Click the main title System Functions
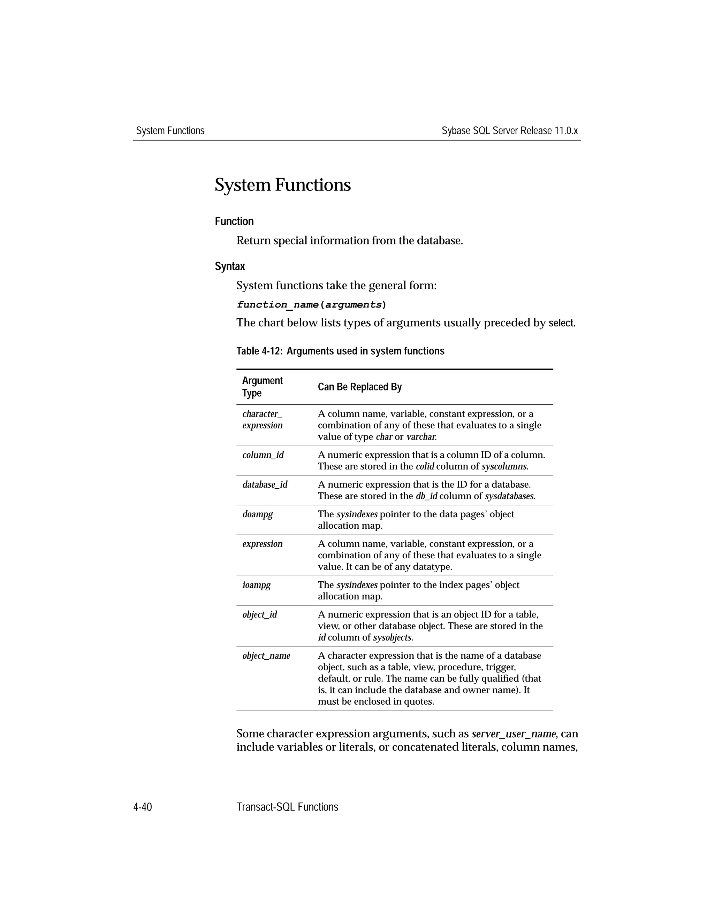tap(282, 185)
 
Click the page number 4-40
tap(143, 807)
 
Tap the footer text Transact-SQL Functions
tap(287, 807)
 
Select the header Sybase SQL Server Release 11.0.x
tap(509, 131)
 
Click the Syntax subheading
tap(230, 266)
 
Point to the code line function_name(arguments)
tap(311, 304)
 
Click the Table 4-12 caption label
tap(340, 351)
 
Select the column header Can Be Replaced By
tap(359, 387)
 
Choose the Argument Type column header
tap(262, 387)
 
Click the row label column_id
tap(263, 455)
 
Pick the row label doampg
tap(257, 514)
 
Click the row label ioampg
tap(256, 584)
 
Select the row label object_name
tap(266, 656)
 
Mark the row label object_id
tap(259, 614)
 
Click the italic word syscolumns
tap(504, 467)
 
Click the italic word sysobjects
tap(393, 637)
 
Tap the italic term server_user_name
tap(514, 734)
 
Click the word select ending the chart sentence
tap(561, 323)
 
